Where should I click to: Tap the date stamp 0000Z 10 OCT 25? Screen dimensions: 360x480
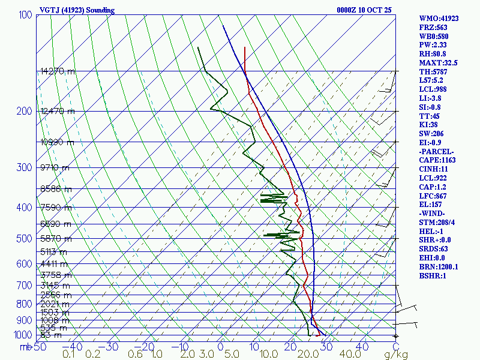365,10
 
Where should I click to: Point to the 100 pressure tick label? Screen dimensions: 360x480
25,15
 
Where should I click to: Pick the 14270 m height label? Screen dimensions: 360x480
58,71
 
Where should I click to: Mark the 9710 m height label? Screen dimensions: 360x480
55,167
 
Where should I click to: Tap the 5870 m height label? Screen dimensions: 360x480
55,239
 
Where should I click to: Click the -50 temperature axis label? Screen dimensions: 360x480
37,347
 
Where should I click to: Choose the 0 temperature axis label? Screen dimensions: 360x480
221,347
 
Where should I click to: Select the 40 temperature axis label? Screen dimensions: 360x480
362,347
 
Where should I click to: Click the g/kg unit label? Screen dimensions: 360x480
396,355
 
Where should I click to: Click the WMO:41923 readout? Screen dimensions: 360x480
439,19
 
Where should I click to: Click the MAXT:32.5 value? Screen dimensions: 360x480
439,62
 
